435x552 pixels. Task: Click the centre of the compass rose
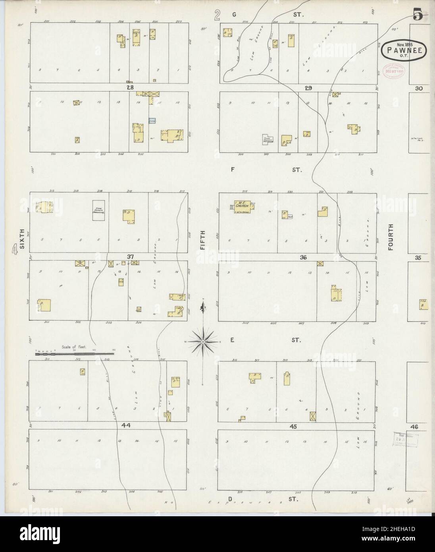(x=203, y=342)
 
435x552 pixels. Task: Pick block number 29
(x=308, y=88)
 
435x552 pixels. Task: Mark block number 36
(x=304, y=257)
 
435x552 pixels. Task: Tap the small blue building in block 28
(x=152, y=120)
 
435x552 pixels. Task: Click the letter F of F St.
(x=233, y=170)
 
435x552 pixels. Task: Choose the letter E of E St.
(x=233, y=340)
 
